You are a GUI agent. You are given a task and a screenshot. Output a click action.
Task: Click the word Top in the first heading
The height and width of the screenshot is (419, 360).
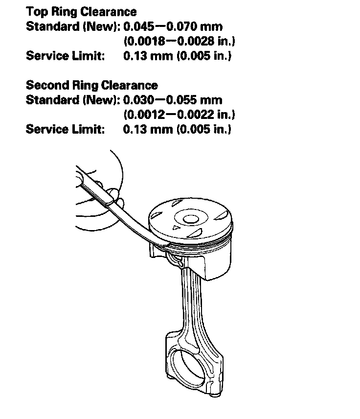[x=37, y=11]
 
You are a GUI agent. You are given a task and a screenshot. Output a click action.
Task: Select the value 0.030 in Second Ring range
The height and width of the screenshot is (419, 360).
[x=139, y=100]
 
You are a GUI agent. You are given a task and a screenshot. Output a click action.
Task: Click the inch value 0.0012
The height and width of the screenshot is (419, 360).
[x=143, y=115]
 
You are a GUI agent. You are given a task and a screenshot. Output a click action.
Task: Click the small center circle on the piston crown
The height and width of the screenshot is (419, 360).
[x=189, y=219]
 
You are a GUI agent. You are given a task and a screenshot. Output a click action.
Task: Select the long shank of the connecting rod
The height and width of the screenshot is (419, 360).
[x=193, y=303]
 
